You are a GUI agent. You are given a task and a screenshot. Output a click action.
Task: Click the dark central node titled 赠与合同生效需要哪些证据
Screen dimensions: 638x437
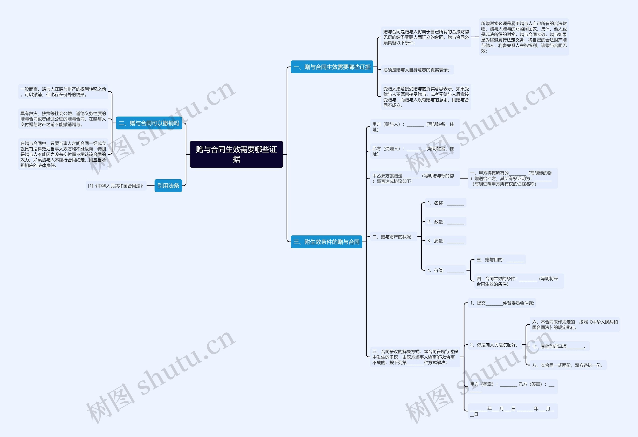[236, 154]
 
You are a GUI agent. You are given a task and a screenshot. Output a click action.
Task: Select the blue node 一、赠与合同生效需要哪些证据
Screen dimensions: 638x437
[332, 67]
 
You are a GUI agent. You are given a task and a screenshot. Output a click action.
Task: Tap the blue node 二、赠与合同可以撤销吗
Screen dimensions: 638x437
[149, 123]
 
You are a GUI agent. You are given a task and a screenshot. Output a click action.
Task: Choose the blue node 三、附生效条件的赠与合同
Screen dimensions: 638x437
[326, 242]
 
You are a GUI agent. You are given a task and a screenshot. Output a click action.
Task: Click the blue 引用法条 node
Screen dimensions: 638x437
[168, 186]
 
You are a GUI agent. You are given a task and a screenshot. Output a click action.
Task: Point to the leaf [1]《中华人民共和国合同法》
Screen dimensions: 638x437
[116, 186]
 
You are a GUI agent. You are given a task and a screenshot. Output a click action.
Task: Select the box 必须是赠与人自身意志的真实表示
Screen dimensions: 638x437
[417, 70]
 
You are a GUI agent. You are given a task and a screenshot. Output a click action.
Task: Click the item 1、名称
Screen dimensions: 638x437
[446, 203]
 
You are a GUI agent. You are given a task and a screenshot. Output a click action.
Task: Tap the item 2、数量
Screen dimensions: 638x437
[446, 222]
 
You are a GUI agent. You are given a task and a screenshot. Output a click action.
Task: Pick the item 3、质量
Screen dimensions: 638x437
[446, 241]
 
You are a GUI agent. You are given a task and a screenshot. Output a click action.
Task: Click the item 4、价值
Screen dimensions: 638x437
[446, 270]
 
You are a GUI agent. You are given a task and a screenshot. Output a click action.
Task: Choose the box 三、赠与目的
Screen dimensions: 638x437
[500, 259]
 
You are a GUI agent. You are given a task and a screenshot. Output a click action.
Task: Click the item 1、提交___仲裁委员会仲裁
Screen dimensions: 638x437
[502, 303]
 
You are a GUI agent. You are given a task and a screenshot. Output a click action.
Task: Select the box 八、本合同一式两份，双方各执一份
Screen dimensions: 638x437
[568, 365]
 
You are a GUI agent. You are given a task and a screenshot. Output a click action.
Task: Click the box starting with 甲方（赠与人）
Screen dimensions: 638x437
[415, 127]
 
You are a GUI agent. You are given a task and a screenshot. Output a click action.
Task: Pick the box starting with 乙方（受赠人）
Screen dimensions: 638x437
[415, 151]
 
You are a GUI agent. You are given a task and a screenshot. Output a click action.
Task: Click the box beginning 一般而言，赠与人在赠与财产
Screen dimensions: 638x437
[63, 92]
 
